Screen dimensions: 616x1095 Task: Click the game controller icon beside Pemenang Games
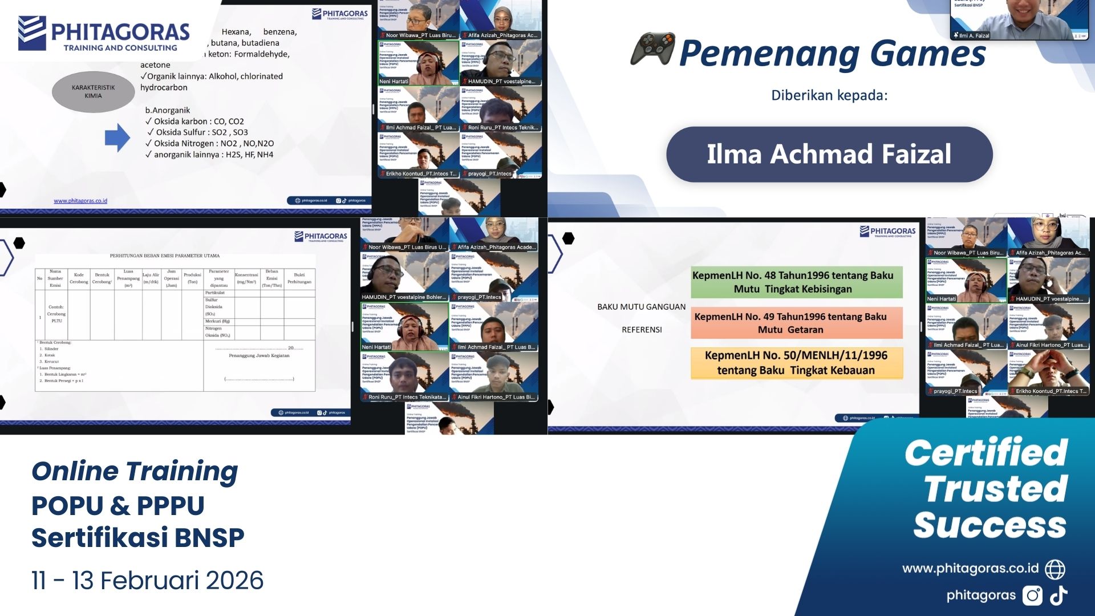(x=652, y=49)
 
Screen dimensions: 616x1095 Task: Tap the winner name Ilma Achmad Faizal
(x=829, y=154)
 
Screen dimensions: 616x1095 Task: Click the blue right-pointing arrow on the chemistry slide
(x=117, y=137)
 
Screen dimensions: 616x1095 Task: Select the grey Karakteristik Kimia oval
(x=93, y=91)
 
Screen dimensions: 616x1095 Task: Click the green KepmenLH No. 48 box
(x=796, y=282)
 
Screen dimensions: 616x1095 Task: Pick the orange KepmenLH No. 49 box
(x=796, y=323)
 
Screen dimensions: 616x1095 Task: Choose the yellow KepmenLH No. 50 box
(x=796, y=363)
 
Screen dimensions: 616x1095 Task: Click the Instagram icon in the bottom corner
(x=1032, y=595)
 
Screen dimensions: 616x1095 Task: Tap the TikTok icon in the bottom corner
(x=1059, y=595)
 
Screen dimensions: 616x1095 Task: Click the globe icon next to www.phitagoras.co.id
(x=1055, y=569)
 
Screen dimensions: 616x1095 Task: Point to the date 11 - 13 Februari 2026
(x=147, y=581)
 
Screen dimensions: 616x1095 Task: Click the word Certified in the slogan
(x=985, y=453)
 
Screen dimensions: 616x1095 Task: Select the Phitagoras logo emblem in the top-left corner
(x=32, y=33)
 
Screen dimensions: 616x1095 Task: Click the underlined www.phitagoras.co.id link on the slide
(x=80, y=201)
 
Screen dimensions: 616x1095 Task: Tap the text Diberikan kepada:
(x=829, y=95)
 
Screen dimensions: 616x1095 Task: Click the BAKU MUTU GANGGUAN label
(x=641, y=307)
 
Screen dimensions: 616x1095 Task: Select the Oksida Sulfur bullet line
(x=201, y=132)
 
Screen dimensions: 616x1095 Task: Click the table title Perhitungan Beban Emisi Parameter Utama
(x=165, y=256)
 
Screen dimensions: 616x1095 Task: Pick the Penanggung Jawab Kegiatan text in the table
(x=259, y=355)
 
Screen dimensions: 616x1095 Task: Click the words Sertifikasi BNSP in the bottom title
(x=137, y=537)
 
